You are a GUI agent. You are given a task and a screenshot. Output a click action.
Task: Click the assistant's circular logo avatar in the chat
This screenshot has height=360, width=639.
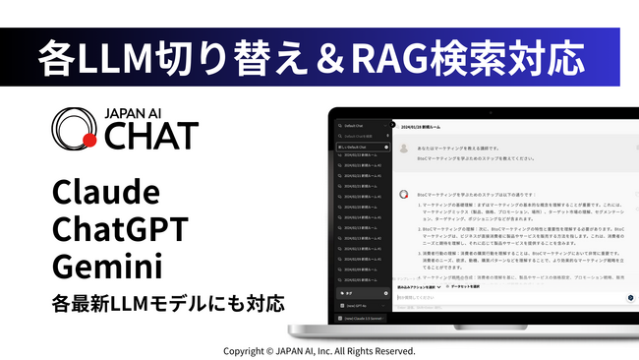point(403,195)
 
